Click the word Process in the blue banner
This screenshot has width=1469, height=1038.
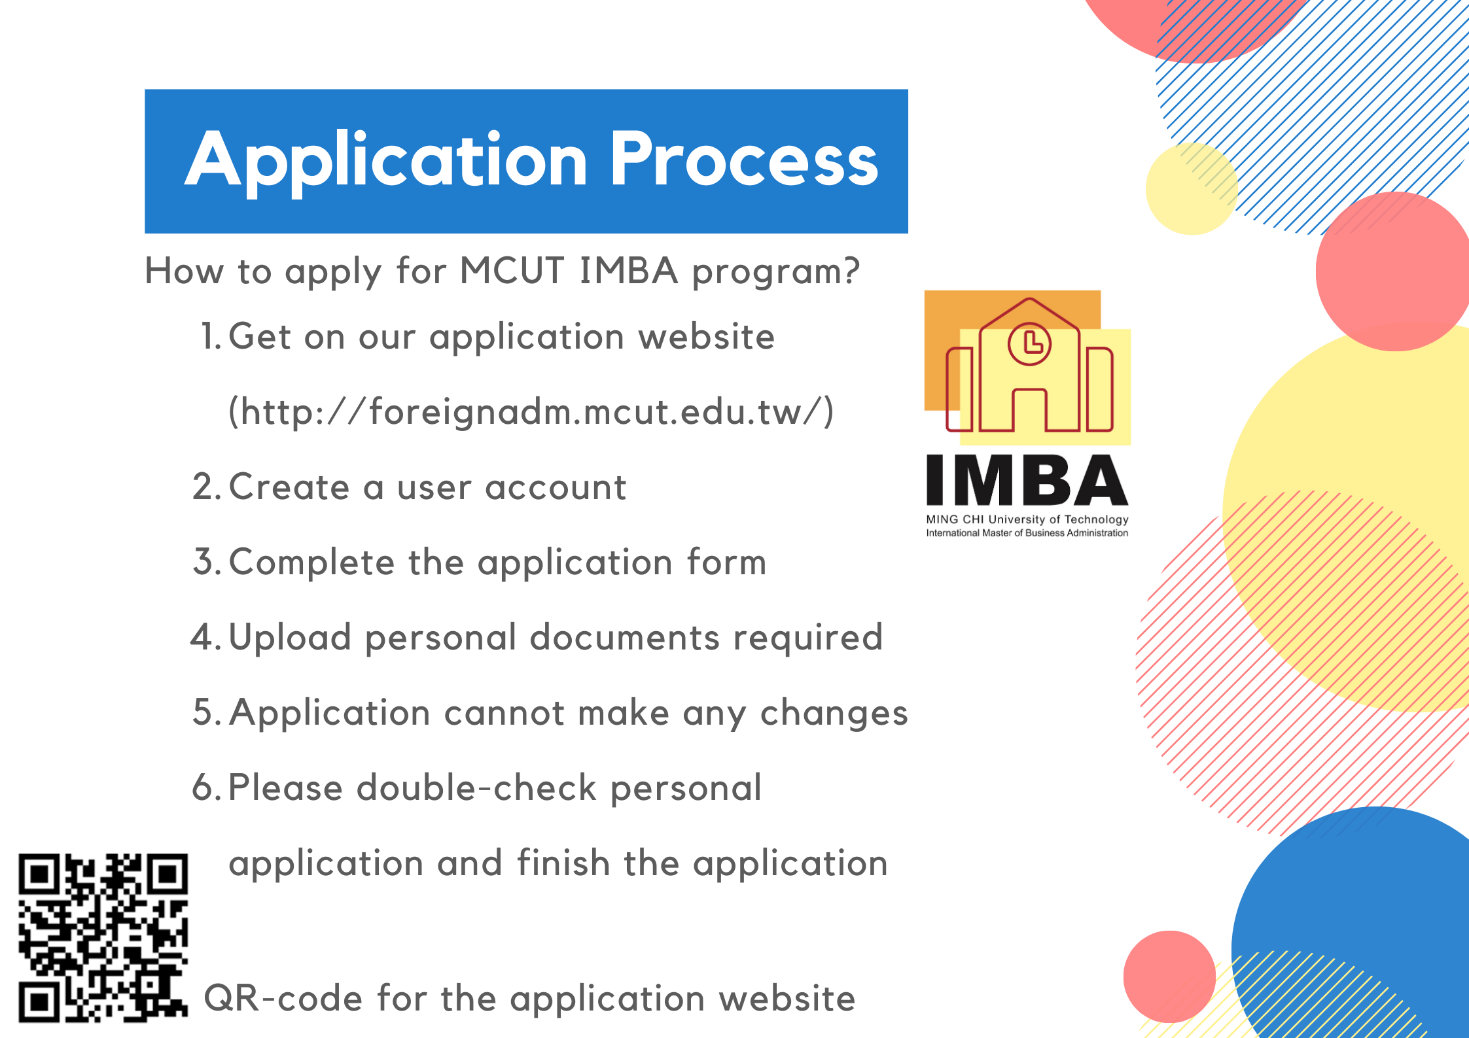click(x=744, y=159)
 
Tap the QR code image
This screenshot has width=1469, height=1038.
click(x=103, y=937)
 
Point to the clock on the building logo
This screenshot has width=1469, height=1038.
click(x=1029, y=343)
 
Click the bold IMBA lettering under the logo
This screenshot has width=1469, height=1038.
click(x=1027, y=480)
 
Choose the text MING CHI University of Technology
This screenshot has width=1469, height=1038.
click(x=1027, y=519)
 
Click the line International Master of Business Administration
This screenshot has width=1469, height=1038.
click(x=1027, y=533)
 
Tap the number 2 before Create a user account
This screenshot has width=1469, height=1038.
click(x=203, y=487)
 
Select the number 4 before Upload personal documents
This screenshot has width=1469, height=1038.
click(x=202, y=637)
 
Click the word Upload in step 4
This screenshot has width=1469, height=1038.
click(x=291, y=638)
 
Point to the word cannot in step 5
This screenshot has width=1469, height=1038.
click(x=504, y=712)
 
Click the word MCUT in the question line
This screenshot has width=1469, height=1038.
click(x=512, y=270)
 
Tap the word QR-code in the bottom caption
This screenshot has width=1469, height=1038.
click(x=283, y=999)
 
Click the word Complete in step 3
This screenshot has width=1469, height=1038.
click(x=311, y=562)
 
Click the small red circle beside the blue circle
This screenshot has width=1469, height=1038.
click(x=1169, y=977)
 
